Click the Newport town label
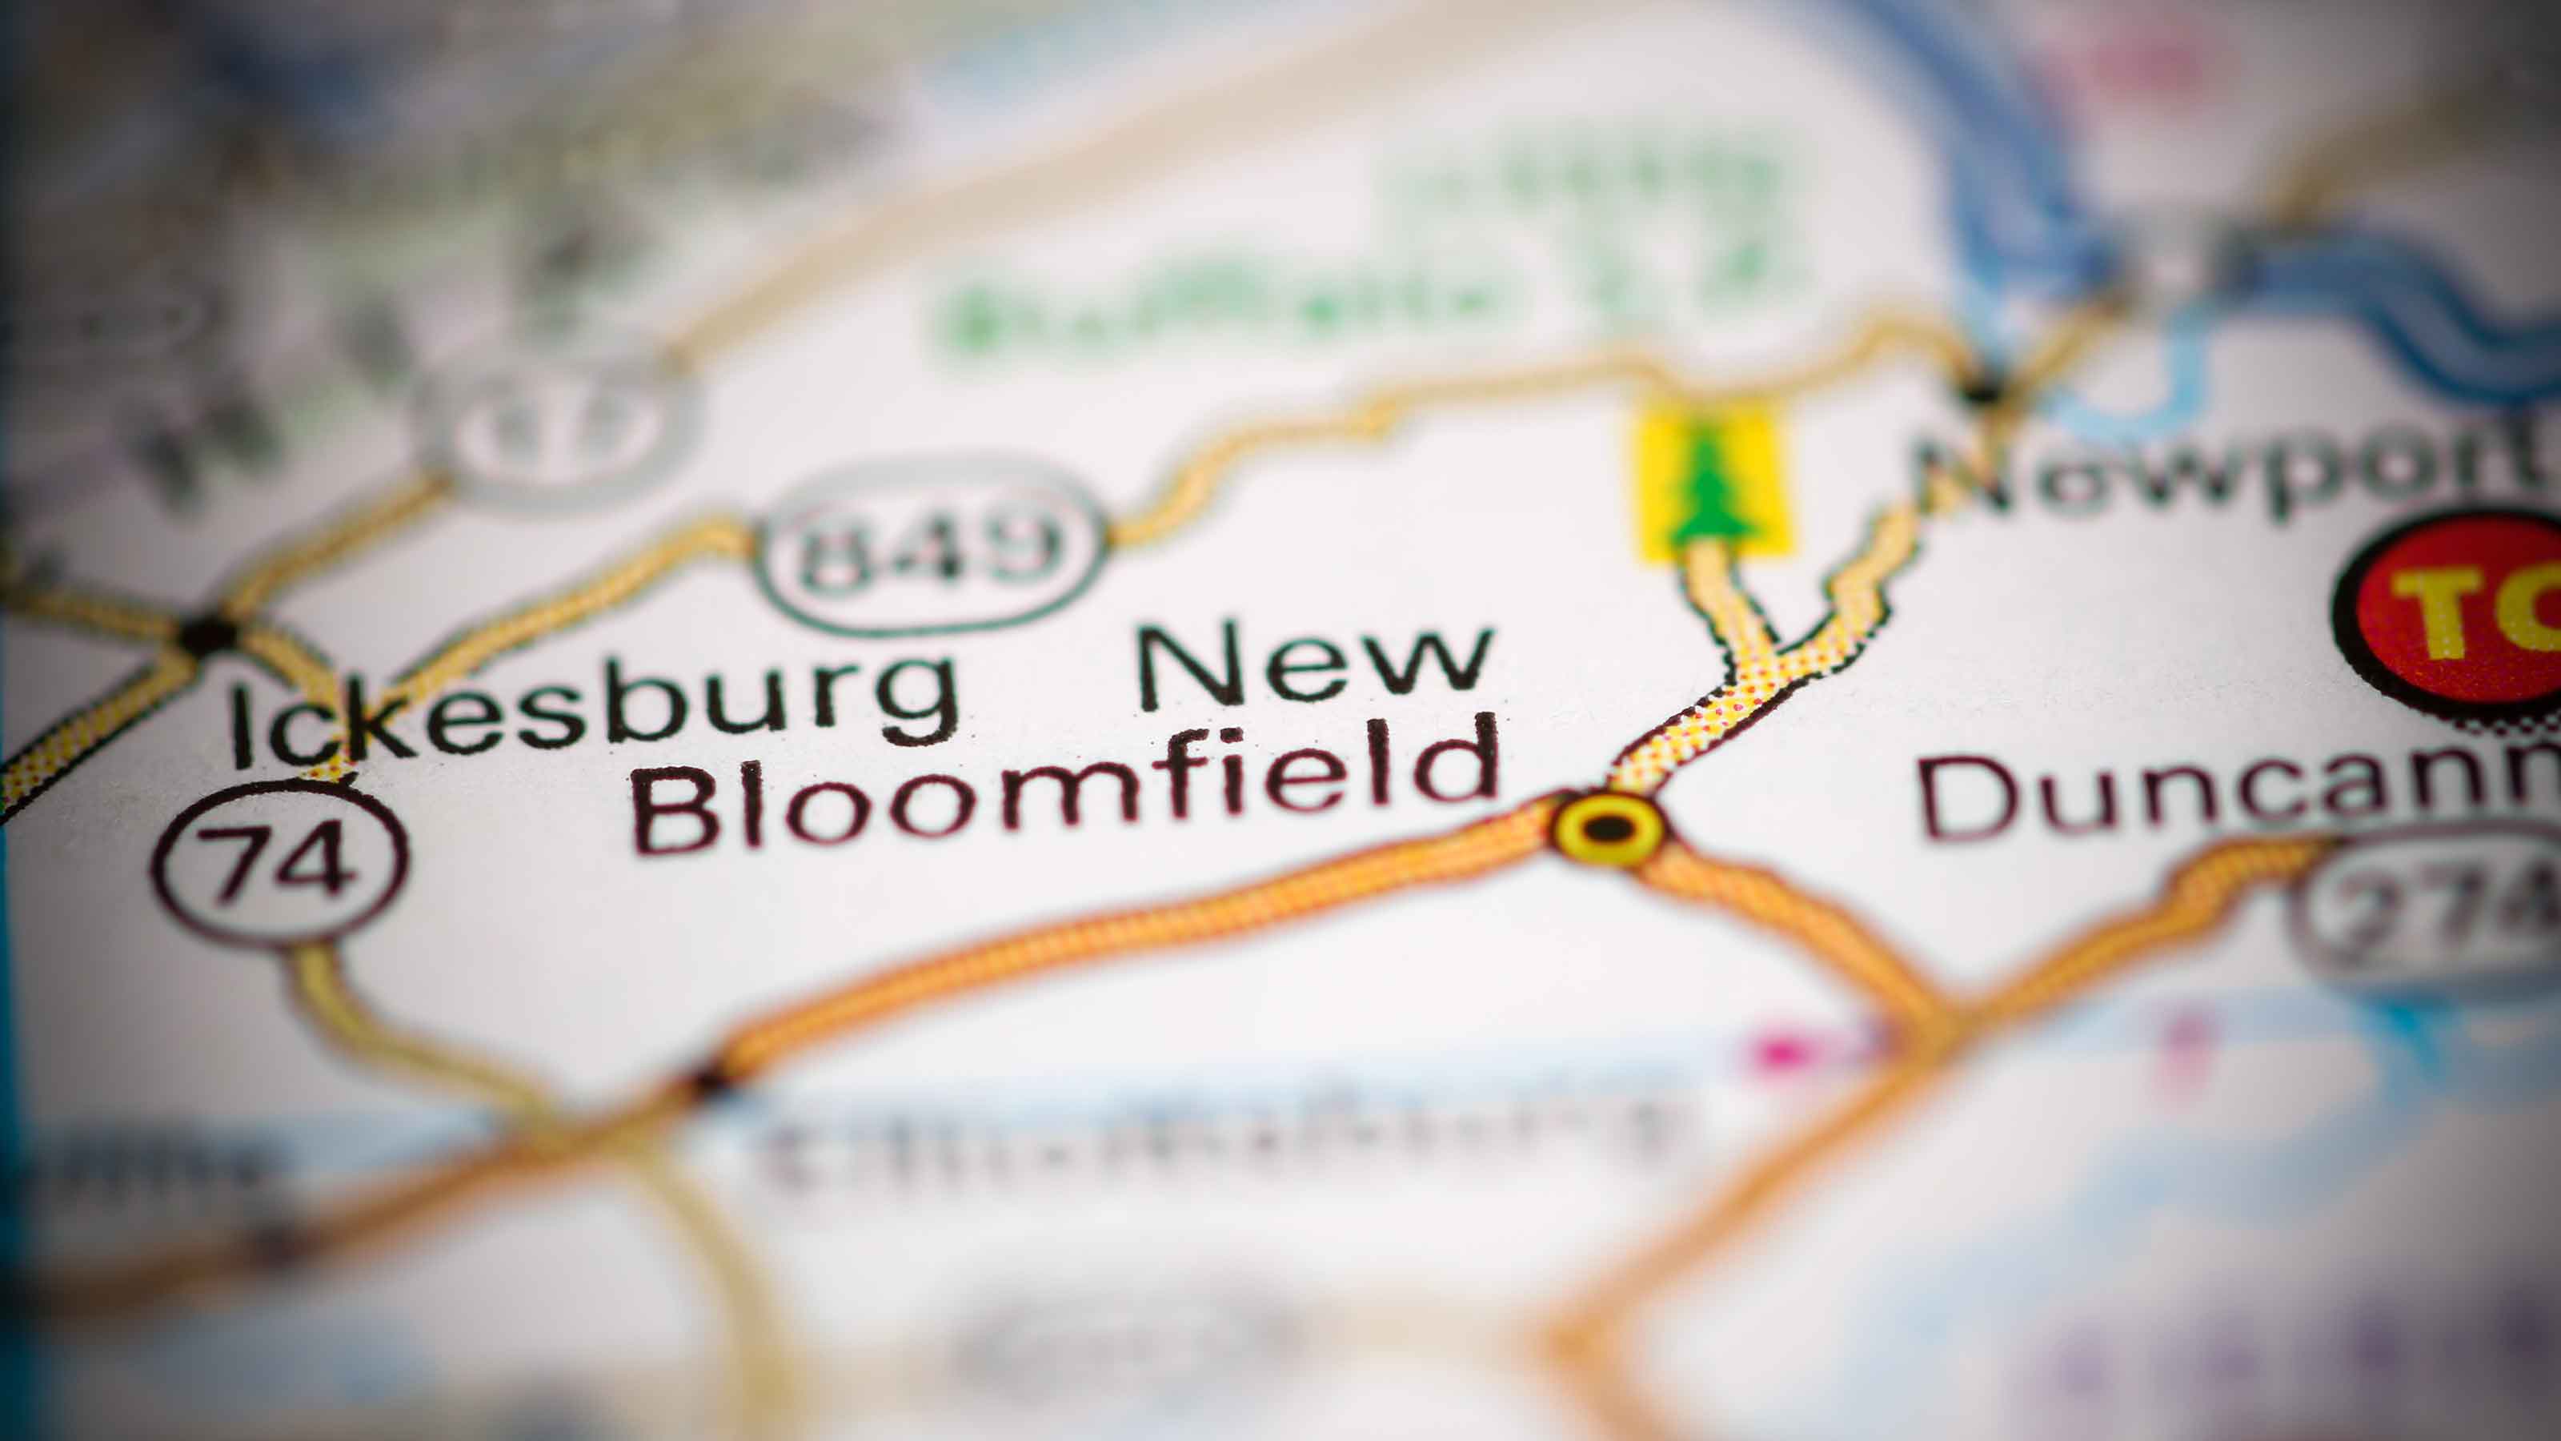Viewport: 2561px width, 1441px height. pos(2237,477)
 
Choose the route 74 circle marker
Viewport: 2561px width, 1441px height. pos(280,861)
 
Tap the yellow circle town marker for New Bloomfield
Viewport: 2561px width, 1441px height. pos(1608,828)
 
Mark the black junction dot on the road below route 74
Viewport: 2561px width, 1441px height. pos(709,1080)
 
